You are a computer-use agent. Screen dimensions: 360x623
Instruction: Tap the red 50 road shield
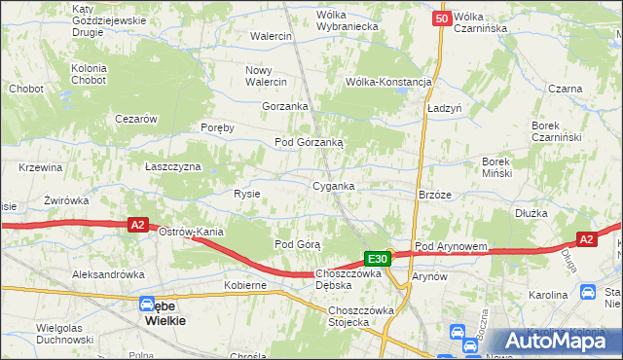click(x=443, y=18)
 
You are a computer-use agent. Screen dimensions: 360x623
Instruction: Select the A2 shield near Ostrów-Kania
click(x=138, y=225)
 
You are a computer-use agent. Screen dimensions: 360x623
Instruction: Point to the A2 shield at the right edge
click(x=586, y=238)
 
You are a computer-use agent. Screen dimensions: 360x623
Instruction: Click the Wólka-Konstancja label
click(x=388, y=82)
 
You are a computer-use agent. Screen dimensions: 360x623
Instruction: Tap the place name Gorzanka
click(x=285, y=106)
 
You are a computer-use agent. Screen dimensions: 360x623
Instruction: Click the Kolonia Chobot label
click(x=95, y=74)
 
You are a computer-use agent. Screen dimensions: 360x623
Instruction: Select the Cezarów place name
click(x=136, y=118)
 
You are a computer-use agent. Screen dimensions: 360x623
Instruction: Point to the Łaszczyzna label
click(x=172, y=166)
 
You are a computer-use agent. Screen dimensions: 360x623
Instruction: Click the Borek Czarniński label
click(x=556, y=131)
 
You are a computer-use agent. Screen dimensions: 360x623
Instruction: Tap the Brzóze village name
click(x=434, y=194)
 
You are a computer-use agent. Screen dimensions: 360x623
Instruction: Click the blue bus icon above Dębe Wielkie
click(x=147, y=304)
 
